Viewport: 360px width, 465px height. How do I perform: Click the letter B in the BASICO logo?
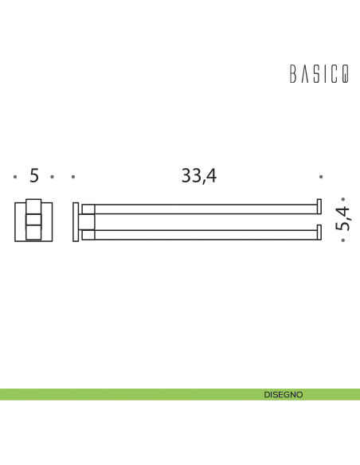(x=292, y=76)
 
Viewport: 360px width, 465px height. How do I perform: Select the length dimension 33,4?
(x=198, y=176)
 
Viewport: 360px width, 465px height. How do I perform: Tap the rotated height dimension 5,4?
(x=343, y=217)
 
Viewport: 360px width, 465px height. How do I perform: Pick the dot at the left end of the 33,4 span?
(x=72, y=177)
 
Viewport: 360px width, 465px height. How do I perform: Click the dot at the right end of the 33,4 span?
(x=321, y=177)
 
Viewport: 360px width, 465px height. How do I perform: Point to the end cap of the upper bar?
(x=319, y=206)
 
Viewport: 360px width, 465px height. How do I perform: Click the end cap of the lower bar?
(x=319, y=232)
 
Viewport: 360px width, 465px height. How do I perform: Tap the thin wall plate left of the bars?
(x=76, y=222)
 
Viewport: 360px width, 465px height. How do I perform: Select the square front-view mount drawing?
(x=33, y=222)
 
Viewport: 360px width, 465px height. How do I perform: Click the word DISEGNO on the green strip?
(x=283, y=394)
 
